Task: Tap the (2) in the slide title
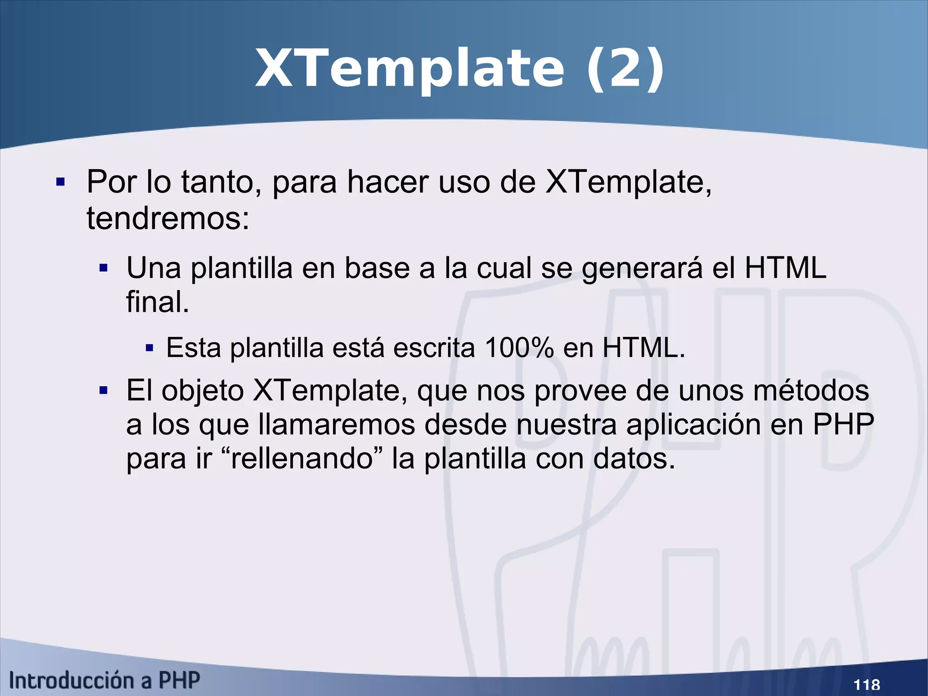point(625,69)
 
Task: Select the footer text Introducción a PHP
point(105,681)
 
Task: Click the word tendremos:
point(168,219)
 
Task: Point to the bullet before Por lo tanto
point(60,183)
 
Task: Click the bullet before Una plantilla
point(103,268)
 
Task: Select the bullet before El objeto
point(103,390)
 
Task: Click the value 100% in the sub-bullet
point(519,348)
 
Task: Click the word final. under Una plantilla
point(157,302)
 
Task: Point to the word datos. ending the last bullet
point(634,458)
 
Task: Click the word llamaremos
point(337,425)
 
